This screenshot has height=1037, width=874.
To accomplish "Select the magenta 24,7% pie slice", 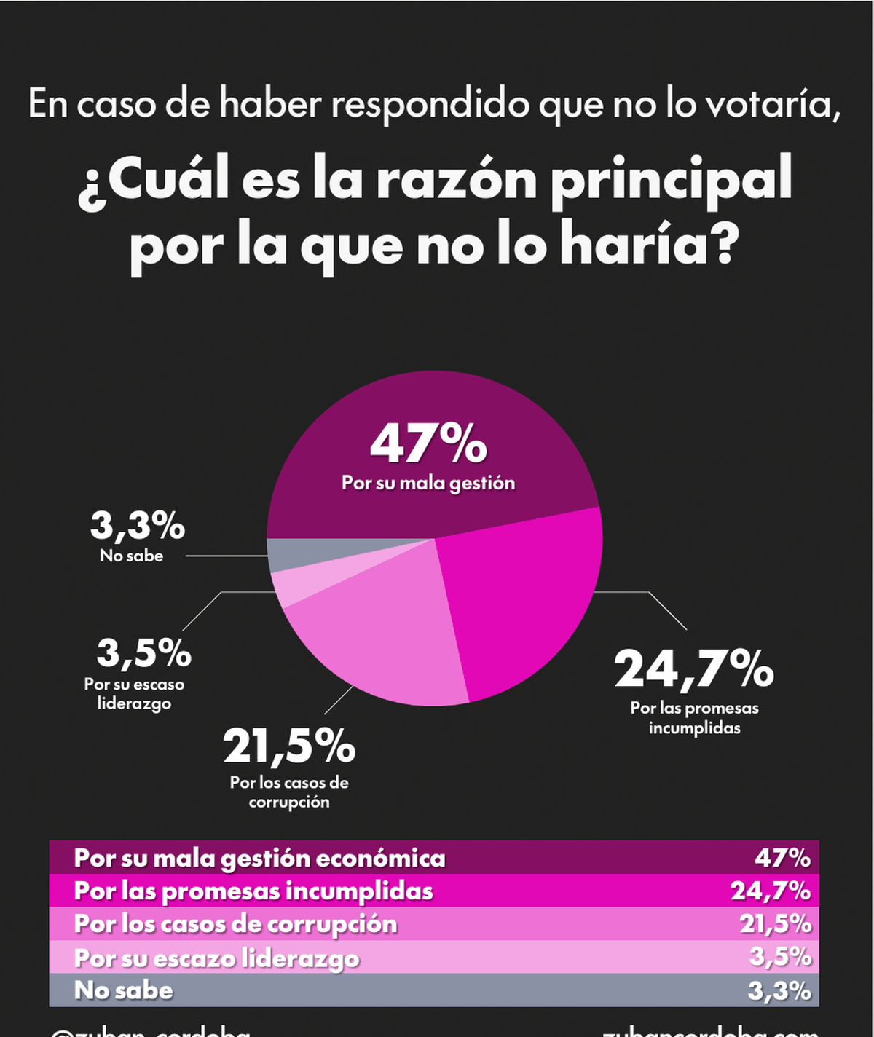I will (x=524, y=604).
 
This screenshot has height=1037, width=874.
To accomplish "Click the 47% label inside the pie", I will (x=428, y=444).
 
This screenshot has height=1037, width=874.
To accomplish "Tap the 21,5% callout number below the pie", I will (x=289, y=746).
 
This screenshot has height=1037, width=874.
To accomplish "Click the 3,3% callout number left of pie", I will (x=138, y=526).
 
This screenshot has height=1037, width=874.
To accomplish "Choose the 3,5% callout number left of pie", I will (x=144, y=653).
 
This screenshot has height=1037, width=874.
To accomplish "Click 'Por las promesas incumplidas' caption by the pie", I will (x=694, y=718).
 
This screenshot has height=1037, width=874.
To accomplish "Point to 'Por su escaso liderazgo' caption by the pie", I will (x=134, y=694).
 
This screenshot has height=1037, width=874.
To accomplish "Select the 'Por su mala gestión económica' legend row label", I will (x=259, y=858).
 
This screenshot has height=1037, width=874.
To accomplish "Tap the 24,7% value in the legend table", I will (x=771, y=891).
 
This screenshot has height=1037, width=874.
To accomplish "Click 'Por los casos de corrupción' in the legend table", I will (x=236, y=923).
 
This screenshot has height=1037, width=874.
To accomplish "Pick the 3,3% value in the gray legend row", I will (x=779, y=990).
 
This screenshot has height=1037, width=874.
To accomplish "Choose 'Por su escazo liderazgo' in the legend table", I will (x=217, y=958).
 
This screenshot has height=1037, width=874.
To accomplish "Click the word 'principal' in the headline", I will (x=671, y=181).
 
